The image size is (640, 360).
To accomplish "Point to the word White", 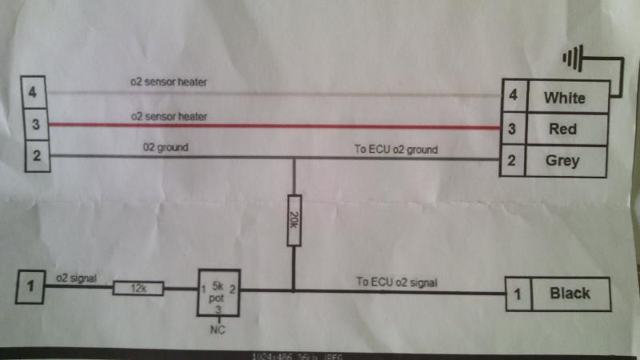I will (564, 98).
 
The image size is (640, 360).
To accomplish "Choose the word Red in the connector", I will (563, 128).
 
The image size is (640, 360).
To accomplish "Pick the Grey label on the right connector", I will (562, 161).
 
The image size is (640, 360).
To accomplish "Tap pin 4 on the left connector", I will (32, 93).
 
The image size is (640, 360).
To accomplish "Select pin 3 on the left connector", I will (33, 125).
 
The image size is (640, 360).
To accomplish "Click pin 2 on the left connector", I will (34, 155).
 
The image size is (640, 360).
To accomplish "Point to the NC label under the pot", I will (215, 329).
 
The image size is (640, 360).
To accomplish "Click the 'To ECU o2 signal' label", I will (397, 282).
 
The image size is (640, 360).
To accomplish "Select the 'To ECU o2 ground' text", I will (396, 150).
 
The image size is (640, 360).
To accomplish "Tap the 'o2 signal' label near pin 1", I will (76, 278).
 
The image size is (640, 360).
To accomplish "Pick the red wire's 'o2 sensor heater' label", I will (169, 117).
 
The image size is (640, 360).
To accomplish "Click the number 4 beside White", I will (514, 97).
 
